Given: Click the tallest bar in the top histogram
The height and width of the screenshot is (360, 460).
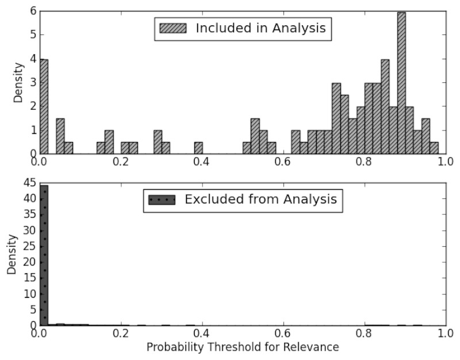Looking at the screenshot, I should click(x=401, y=83).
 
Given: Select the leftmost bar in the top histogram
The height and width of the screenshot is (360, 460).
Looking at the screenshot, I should click(x=44, y=106).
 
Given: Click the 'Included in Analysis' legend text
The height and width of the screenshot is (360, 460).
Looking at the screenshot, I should click(x=261, y=28).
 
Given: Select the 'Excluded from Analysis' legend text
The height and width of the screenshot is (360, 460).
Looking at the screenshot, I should click(x=260, y=200).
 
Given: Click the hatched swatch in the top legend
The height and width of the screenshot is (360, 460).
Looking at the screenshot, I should click(x=173, y=28).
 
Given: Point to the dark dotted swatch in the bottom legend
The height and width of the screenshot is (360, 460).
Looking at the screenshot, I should click(x=162, y=200).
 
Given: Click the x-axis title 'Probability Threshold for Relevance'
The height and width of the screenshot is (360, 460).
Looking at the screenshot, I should click(x=242, y=347).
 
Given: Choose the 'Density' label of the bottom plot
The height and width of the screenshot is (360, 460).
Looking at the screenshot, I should click(x=11, y=255).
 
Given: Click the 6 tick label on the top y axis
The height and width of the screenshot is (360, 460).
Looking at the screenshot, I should click(x=33, y=12).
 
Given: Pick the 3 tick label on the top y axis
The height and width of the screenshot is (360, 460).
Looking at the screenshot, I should click(x=33, y=83).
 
